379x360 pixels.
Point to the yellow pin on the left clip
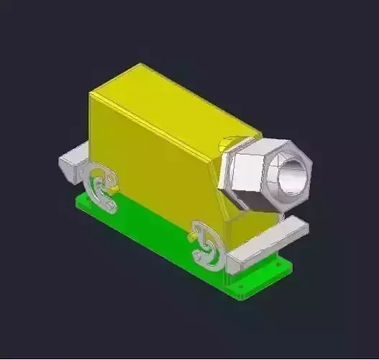click(113, 189)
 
